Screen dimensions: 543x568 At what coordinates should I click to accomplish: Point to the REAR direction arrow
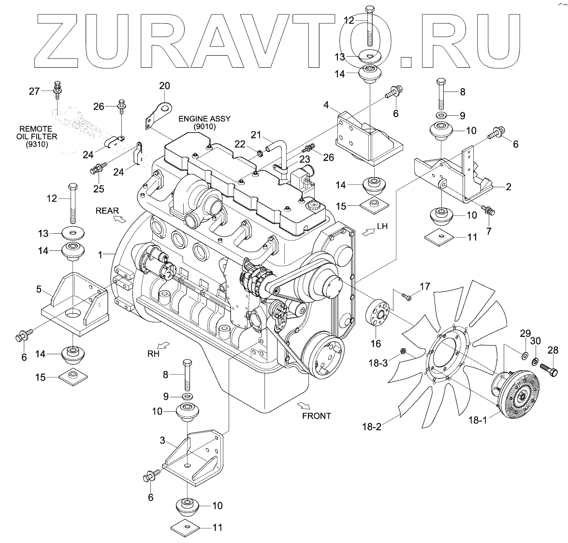coord(117,219)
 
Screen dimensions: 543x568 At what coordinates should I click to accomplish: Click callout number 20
coord(164,86)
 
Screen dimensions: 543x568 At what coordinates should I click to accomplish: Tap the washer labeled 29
coord(524,356)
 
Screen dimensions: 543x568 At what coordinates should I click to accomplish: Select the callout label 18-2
coord(371,427)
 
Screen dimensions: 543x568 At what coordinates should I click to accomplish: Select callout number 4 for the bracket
coord(326,105)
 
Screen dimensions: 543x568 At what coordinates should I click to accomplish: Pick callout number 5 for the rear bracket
coord(39,290)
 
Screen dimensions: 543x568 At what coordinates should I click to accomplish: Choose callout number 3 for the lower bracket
coord(163,441)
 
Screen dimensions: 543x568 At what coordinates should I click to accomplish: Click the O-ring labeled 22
coord(261,153)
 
